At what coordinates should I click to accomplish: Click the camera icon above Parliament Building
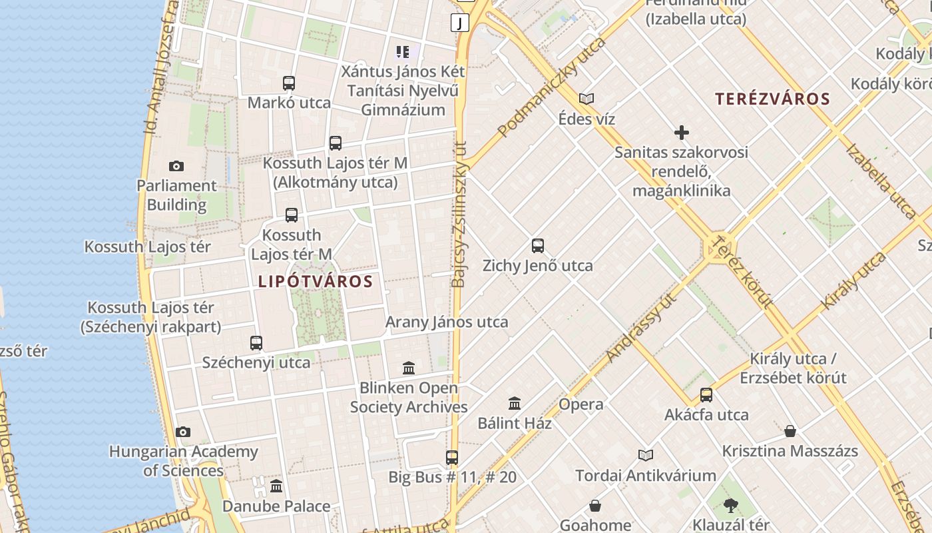pos(176,166)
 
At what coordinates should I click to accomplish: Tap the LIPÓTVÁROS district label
pos(316,281)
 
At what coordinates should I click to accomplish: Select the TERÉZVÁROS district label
pos(772,99)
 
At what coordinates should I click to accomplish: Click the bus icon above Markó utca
pos(289,83)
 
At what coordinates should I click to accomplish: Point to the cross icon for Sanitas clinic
pos(681,133)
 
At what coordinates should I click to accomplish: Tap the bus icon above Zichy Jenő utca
pos(538,246)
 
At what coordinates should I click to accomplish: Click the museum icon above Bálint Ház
pos(515,403)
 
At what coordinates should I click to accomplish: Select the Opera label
pos(581,404)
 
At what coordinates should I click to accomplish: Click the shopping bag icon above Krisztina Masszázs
pos(790,431)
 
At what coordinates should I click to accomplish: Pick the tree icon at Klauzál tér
pos(731,506)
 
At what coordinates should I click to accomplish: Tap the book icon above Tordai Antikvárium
pos(646,456)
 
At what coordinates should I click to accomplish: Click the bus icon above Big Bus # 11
pos(452,458)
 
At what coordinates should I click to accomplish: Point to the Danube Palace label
pos(276,506)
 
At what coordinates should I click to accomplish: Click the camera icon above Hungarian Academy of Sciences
pos(183,432)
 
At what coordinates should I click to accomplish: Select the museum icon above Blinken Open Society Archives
pos(409,368)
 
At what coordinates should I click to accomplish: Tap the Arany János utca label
pos(447,322)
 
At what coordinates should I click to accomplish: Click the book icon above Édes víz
pos(586,99)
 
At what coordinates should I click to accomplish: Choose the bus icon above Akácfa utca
pos(706,395)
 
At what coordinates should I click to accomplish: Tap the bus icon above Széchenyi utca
pos(256,343)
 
